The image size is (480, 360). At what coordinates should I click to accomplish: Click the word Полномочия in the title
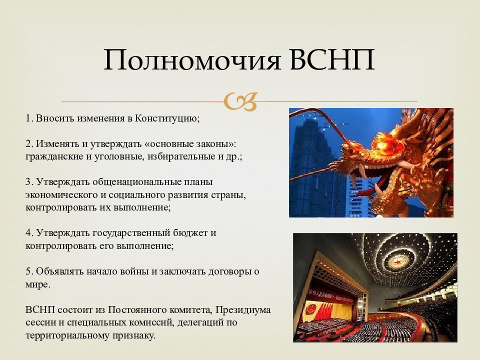coord(192,59)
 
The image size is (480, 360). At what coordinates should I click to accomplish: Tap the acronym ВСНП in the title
coord(332,59)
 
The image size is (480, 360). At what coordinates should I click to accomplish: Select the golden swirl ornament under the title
coord(240,101)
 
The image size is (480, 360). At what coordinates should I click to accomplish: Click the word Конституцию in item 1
coord(167,118)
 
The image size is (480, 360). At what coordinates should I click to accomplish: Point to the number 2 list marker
coord(29,144)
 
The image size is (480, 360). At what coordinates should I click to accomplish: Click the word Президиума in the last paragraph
coord(243,310)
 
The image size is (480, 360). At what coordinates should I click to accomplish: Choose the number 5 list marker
coord(29,271)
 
